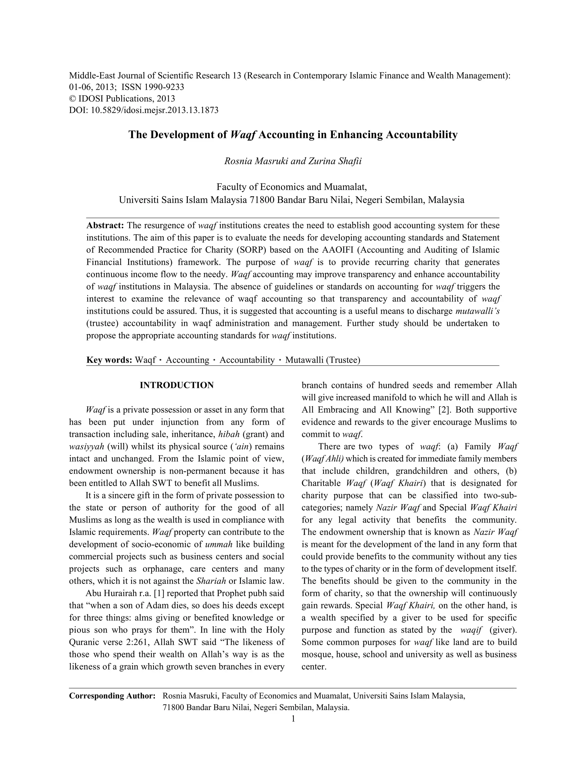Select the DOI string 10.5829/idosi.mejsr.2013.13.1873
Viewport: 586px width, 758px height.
click(x=155, y=110)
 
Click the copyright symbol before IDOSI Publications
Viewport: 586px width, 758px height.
click(x=73, y=99)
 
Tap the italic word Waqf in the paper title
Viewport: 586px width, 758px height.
click(x=243, y=135)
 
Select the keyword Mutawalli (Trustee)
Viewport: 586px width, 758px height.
click(x=322, y=360)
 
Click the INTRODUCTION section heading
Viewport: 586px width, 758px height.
click(x=177, y=385)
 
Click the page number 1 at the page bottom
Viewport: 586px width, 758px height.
click(x=293, y=719)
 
